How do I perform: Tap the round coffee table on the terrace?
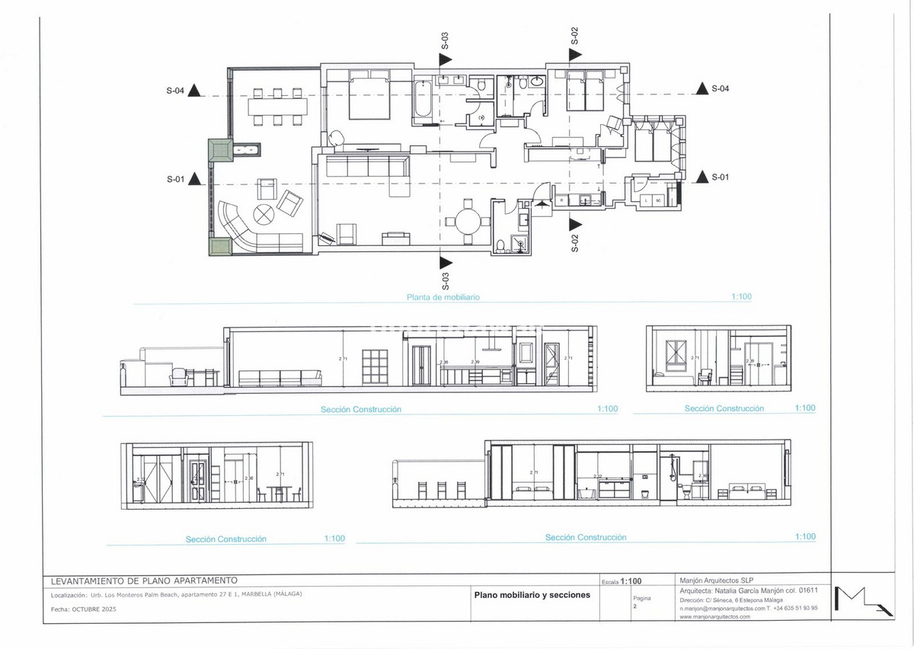point(264,215)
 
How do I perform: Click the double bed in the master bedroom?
point(370,96)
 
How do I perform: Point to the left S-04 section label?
point(175,91)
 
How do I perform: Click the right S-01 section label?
point(721,177)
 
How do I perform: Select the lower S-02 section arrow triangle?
point(574,224)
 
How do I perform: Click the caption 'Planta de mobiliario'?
point(443,298)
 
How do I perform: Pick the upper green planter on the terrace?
point(220,149)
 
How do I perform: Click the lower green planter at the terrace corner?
point(220,246)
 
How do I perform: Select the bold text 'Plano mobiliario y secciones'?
point(532,595)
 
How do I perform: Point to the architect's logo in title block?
point(862,599)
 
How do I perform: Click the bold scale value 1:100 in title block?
point(637,580)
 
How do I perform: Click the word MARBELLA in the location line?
point(256,594)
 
